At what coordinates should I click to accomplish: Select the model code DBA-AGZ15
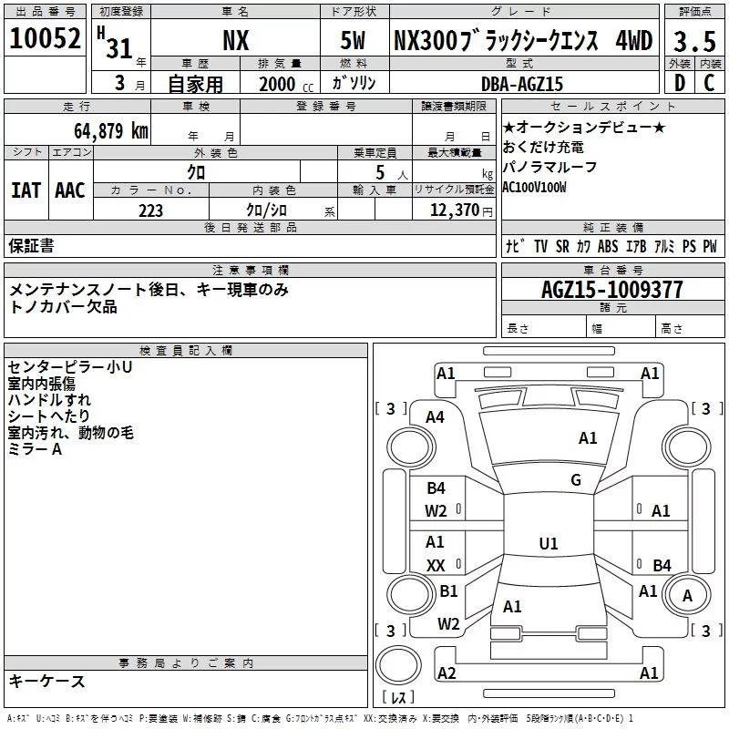(522, 84)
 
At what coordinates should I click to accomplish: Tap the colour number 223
(150, 210)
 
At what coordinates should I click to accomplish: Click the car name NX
(236, 41)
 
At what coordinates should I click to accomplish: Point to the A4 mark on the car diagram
(436, 416)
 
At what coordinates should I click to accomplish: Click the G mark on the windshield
(576, 480)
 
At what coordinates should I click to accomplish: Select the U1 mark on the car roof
(548, 544)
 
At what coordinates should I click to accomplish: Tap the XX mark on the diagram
(436, 565)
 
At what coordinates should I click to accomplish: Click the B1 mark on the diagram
(448, 590)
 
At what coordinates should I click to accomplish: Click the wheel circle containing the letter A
(686, 596)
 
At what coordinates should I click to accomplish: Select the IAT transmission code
(26, 190)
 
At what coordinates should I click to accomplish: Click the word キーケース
(46, 681)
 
